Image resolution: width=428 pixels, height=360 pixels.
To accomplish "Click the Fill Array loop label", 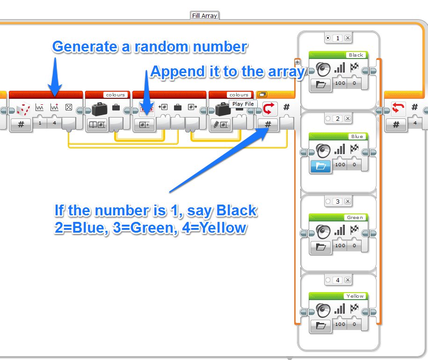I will [205, 15].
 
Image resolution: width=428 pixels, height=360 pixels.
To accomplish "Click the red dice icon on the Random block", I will [23, 110].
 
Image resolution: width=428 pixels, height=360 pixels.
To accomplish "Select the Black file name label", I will [356, 55].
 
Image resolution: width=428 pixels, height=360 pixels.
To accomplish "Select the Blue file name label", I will [356, 136].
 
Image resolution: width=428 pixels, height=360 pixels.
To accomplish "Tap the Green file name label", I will [355, 217].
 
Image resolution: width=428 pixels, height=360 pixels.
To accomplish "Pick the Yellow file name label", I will [355, 296].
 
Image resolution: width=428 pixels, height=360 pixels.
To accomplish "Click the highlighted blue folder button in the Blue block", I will [321, 165].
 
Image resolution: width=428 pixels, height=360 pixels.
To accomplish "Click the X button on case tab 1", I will [348, 38].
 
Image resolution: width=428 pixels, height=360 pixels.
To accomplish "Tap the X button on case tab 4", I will [348, 280].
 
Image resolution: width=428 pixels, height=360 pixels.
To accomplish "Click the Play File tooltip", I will [243, 104].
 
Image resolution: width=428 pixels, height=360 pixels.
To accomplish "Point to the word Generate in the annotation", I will [80, 47].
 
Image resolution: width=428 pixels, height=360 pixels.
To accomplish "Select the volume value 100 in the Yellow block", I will [340, 324].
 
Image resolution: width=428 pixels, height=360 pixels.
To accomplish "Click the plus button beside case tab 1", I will [297, 62].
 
